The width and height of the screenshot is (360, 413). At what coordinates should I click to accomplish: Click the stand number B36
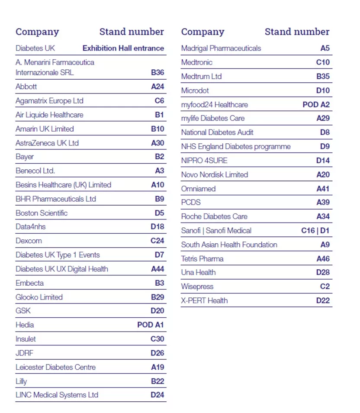(x=157, y=72)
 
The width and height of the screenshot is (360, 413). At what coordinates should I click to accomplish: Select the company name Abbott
(x=26, y=87)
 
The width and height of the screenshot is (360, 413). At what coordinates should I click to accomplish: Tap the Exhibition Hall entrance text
(x=123, y=48)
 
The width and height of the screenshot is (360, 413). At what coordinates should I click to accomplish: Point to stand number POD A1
(x=151, y=325)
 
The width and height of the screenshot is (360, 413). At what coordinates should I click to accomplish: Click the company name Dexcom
(x=29, y=241)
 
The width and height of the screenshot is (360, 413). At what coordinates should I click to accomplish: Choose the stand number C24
(x=157, y=241)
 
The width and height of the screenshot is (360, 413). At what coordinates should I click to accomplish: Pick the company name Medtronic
(x=197, y=62)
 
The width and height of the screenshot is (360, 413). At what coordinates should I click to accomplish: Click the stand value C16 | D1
(x=315, y=231)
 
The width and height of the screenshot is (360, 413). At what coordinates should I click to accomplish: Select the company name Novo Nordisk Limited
(x=215, y=174)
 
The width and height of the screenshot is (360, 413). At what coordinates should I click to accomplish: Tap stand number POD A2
(x=316, y=105)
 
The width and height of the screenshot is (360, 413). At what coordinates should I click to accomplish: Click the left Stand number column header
(x=132, y=32)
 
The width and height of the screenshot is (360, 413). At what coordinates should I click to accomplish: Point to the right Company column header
(x=203, y=32)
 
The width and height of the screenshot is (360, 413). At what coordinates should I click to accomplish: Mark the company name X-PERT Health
(x=204, y=300)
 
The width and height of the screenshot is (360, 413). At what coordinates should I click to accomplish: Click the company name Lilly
(x=21, y=381)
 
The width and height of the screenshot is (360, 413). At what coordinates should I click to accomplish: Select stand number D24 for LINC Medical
(x=157, y=395)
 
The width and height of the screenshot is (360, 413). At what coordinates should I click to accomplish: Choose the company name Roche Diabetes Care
(x=214, y=216)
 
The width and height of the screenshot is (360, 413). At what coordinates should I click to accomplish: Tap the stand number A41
(x=323, y=189)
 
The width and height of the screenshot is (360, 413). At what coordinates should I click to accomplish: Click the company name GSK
(x=23, y=311)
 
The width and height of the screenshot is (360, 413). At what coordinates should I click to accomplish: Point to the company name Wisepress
(x=197, y=287)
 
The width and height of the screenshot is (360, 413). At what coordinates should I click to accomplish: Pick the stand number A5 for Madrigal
(x=325, y=48)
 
